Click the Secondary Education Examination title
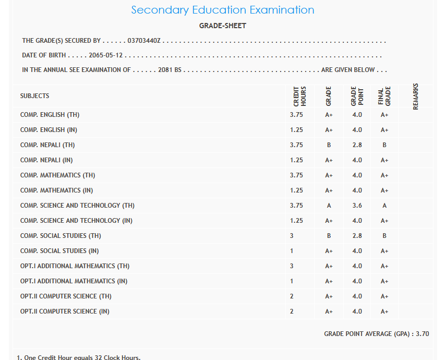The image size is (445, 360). [223, 10]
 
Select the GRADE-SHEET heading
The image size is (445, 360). [223, 26]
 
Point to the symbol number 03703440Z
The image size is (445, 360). [144, 41]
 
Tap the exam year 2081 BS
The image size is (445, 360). [170, 70]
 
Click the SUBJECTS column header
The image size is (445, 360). [35, 96]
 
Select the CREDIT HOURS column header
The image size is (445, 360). [300, 97]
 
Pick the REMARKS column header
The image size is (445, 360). [416, 97]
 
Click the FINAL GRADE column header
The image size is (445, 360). [384, 97]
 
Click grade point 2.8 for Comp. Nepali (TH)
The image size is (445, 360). [357, 145]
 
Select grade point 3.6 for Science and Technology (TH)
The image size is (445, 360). [357, 206]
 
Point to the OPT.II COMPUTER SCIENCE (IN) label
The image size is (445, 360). [65, 311]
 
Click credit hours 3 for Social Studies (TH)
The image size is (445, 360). [292, 236]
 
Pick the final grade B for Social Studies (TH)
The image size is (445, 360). [384, 236]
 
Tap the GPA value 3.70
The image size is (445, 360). [422, 334]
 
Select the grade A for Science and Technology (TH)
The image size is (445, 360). [329, 206]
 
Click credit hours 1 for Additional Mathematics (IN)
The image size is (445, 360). [292, 281]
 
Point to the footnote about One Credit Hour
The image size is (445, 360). [79, 357]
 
